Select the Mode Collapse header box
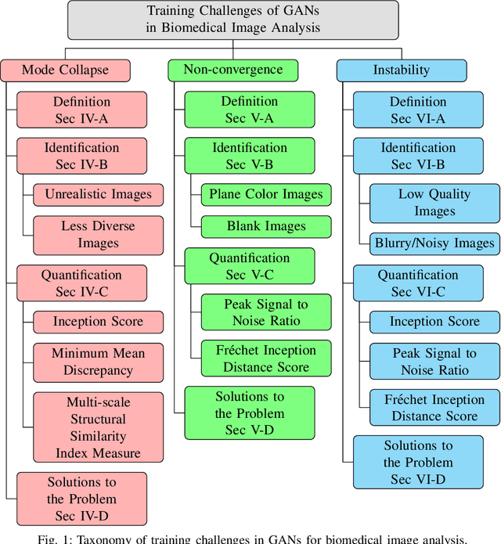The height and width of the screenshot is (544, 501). pyautogui.click(x=65, y=70)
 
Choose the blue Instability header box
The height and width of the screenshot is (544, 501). pyautogui.click(x=402, y=70)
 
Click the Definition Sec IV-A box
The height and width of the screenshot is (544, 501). pyautogui.click(x=81, y=110)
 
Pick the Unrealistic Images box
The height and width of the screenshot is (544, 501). pyautogui.click(x=98, y=194)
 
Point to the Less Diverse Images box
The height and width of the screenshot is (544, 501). pyautogui.click(x=98, y=235)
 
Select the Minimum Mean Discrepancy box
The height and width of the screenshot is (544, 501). pyautogui.click(x=98, y=362)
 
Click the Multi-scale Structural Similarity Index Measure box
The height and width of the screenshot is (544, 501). pyautogui.click(x=98, y=427)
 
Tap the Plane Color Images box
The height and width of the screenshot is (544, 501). pyautogui.click(x=266, y=194)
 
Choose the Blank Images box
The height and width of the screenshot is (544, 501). pyautogui.click(x=266, y=226)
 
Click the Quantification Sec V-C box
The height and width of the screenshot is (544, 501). pyautogui.click(x=249, y=266)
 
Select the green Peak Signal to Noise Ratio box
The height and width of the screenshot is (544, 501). pyautogui.click(x=266, y=312)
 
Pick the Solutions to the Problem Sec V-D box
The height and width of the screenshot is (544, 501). pyautogui.click(x=249, y=413)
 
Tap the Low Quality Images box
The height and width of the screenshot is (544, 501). pyautogui.click(x=434, y=203)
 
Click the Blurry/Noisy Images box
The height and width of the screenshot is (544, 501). pyautogui.click(x=434, y=243)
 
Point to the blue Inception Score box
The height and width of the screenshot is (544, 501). pyautogui.click(x=434, y=322)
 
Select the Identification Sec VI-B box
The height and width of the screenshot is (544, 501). pyautogui.click(x=417, y=156)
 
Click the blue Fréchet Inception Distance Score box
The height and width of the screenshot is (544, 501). pyautogui.click(x=434, y=408)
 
